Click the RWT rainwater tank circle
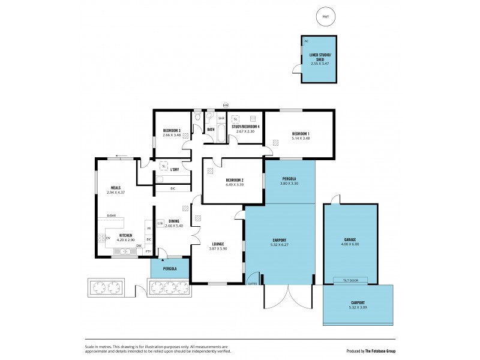point(325,17)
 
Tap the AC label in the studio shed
point(306,41)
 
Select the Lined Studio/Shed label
point(319,57)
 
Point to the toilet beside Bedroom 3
point(197,116)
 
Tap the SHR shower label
point(221,118)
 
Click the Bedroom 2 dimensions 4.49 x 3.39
point(234,184)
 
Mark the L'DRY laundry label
point(175,169)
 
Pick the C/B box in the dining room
point(160,223)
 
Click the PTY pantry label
point(148,251)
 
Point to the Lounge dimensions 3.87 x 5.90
point(218,249)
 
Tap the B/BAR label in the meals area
point(111,215)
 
